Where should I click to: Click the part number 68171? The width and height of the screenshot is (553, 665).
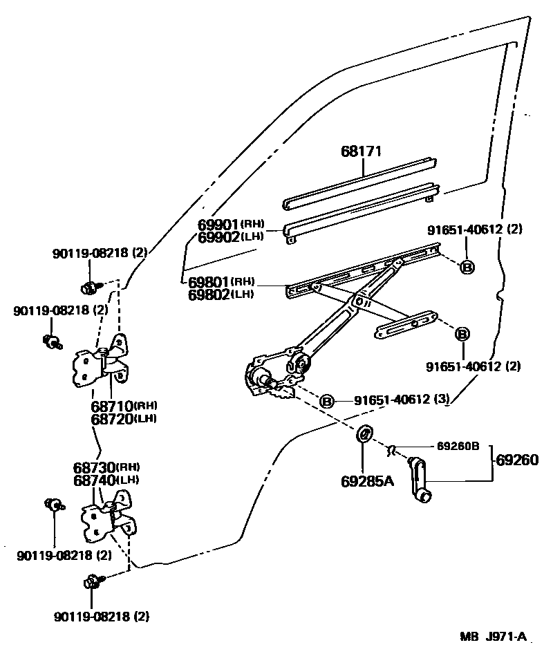pos(362,151)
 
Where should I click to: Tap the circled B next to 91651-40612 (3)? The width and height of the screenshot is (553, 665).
pos(326,401)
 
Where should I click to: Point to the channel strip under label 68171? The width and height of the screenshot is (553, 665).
pos(360,184)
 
